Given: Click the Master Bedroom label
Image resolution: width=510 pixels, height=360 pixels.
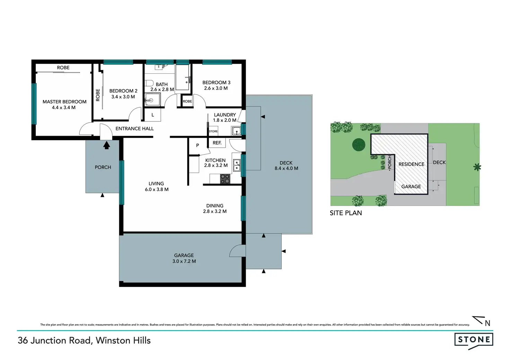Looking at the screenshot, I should click(64, 102).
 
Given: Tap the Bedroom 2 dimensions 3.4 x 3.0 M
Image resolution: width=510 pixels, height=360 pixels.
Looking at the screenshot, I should click(123, 97).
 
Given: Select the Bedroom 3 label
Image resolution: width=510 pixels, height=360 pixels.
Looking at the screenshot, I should click(216, 82).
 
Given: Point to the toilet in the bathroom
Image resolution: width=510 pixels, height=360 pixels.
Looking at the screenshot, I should click(149, 83).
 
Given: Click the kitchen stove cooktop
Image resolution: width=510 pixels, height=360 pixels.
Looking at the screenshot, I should click(225, 179).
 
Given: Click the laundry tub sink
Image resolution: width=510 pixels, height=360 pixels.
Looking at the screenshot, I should click(236, 131).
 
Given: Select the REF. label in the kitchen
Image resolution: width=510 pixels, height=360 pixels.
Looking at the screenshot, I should click(217, 143).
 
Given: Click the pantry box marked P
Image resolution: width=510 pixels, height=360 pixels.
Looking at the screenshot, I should click(197, 145).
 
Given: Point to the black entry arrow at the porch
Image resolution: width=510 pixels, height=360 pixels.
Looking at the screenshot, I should click(107, 145).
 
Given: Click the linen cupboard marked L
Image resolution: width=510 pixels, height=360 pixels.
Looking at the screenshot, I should click(152, 115).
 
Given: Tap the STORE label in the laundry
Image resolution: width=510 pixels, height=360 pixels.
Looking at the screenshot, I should click(213, 131).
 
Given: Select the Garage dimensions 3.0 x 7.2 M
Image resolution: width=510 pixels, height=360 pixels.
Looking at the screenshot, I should click(184, 261).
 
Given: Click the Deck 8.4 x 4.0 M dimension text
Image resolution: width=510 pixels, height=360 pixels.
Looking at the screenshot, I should click(286, 169).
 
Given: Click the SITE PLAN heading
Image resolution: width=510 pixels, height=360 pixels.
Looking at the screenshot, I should click(346, 213).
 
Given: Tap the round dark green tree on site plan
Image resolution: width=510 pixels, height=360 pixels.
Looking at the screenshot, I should click(359, 144).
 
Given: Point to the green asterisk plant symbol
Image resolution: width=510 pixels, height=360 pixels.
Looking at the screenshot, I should click(477, 168).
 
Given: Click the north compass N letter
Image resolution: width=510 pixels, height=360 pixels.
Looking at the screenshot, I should click(487, 324).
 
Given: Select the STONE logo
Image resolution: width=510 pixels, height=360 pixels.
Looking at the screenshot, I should click(474, 340).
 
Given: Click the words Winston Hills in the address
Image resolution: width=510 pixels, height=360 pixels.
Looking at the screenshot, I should click(123, 341).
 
